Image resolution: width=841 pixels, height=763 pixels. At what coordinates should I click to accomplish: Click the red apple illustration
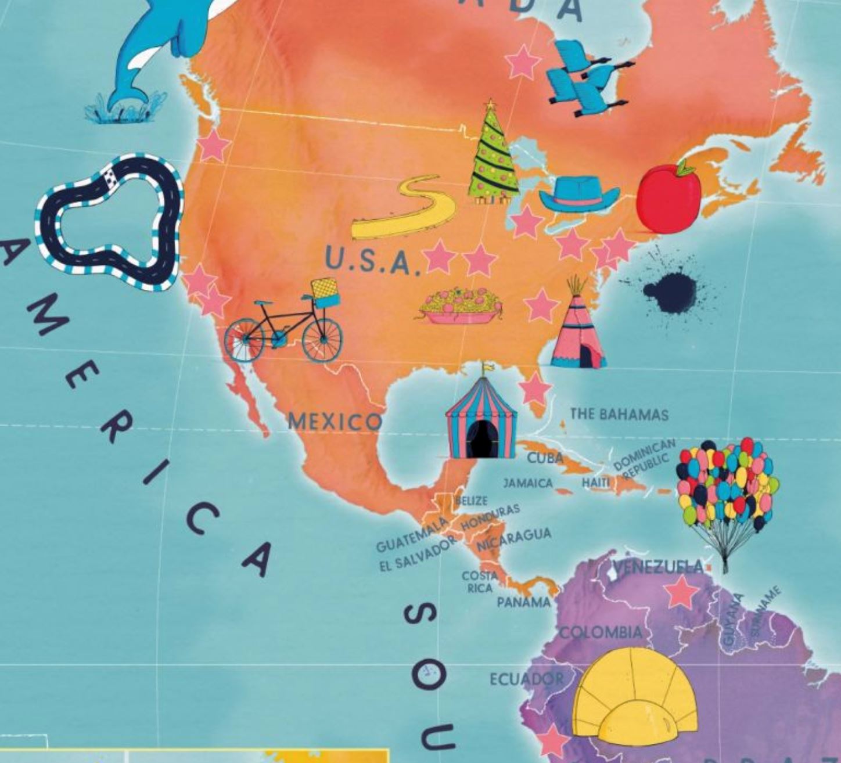(669, 200)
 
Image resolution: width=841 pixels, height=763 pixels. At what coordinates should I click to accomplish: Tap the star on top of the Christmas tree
(491, 105)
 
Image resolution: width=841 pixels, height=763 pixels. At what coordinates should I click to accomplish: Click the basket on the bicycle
(325, 293)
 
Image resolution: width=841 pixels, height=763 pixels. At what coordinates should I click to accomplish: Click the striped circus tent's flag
(488, 367)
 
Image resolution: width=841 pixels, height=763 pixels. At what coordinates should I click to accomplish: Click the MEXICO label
(335, 421)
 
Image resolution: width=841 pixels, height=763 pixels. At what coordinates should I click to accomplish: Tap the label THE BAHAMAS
(619, 414)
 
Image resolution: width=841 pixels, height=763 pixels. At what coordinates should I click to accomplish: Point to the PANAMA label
(523, 602)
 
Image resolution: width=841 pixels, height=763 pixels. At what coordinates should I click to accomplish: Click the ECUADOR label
(526, 679)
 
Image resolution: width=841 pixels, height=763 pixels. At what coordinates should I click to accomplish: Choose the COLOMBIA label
(602, 632)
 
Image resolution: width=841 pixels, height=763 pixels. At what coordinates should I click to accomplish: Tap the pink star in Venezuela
(681, 592)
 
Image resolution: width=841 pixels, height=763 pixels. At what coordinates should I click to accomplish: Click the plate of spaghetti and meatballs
(459, 306)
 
